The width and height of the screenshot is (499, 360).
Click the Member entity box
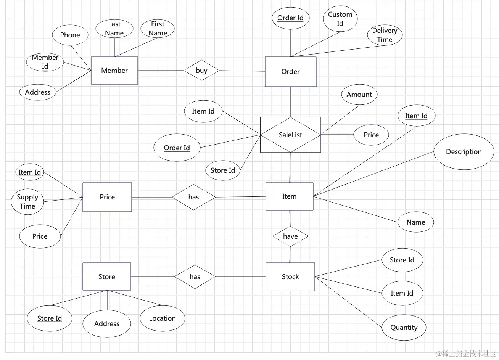pyautogui.click(x=114, y=70)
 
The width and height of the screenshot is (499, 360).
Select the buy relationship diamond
pyautogui.click(x=201, y=70)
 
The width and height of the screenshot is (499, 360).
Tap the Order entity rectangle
pyautogui.click(x=290, y=71)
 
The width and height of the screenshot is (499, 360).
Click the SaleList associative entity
pyautogui.click(x=290, y=135)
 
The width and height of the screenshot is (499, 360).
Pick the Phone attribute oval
pyautogui.click(x=70, y=35)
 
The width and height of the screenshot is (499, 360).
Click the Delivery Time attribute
pyautogui.click(x=385, y=35)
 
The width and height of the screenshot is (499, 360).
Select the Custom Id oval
pyautogui.click(x=340, y=19)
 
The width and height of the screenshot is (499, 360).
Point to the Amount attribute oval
pyautogui.click(x=359, y=95)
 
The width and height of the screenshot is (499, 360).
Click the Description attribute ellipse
pyautogui.click(x=464, y=152)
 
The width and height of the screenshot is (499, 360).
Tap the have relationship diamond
pyautogui.click(x=290, y=236)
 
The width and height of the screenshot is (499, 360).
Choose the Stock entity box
pyautogui.click(x=290, y=277)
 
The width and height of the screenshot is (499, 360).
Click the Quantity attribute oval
pyautogui.click(x=404, y=328)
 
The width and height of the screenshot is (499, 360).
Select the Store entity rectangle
pyautogui.click(x=107, y=276)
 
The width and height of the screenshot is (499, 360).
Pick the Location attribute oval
pyautogui.click(x=163, y=318)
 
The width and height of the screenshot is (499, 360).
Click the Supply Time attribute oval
pyautogui.click(x=27, y=202)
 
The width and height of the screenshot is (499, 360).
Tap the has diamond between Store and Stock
pyautogui.click(x=195, y=277)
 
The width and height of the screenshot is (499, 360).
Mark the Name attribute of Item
pyautogui.click(x=416, y=222)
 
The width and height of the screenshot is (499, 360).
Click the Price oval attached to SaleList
pyautogui.click(x=371, y=135)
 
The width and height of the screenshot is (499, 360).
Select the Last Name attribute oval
pyautogui.click(x=114, y=29)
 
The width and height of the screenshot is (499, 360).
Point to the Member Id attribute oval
pyautogui.click(x=45, y=62)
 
